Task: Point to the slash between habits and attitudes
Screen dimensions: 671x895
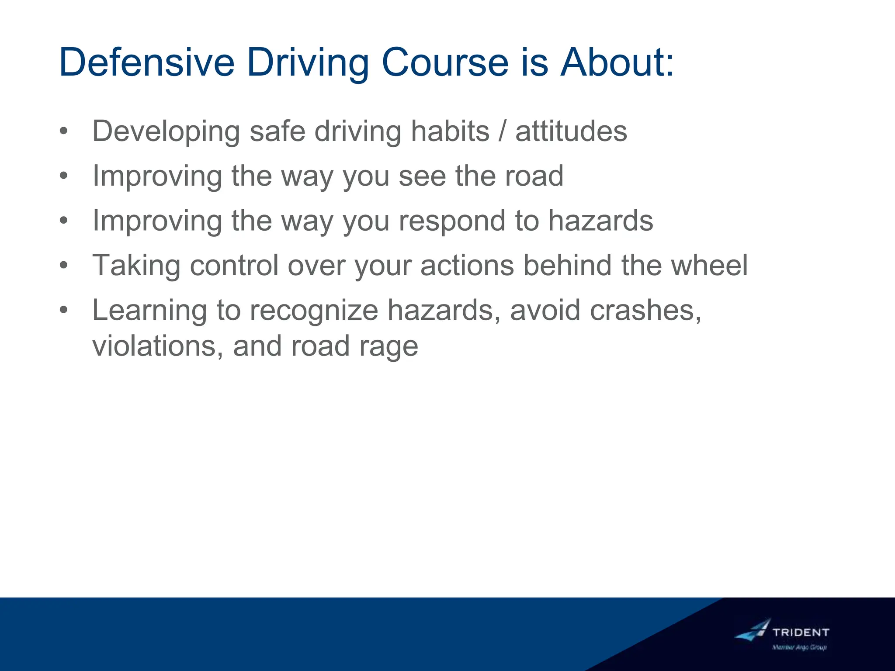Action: tap(503, 131)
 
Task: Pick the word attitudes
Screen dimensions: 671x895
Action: tap(571, 131)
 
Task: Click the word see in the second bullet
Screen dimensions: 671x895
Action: tap(422, 176)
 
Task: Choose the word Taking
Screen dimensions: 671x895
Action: tap(136, 266)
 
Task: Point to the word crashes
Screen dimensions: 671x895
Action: tap(645, 311)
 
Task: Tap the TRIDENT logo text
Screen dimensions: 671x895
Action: tap(801, 632)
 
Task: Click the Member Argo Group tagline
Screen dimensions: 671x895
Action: tap(799, 647)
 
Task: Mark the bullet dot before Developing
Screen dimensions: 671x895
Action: tap(64, 131)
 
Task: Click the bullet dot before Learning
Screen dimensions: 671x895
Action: tap(64, 310)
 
